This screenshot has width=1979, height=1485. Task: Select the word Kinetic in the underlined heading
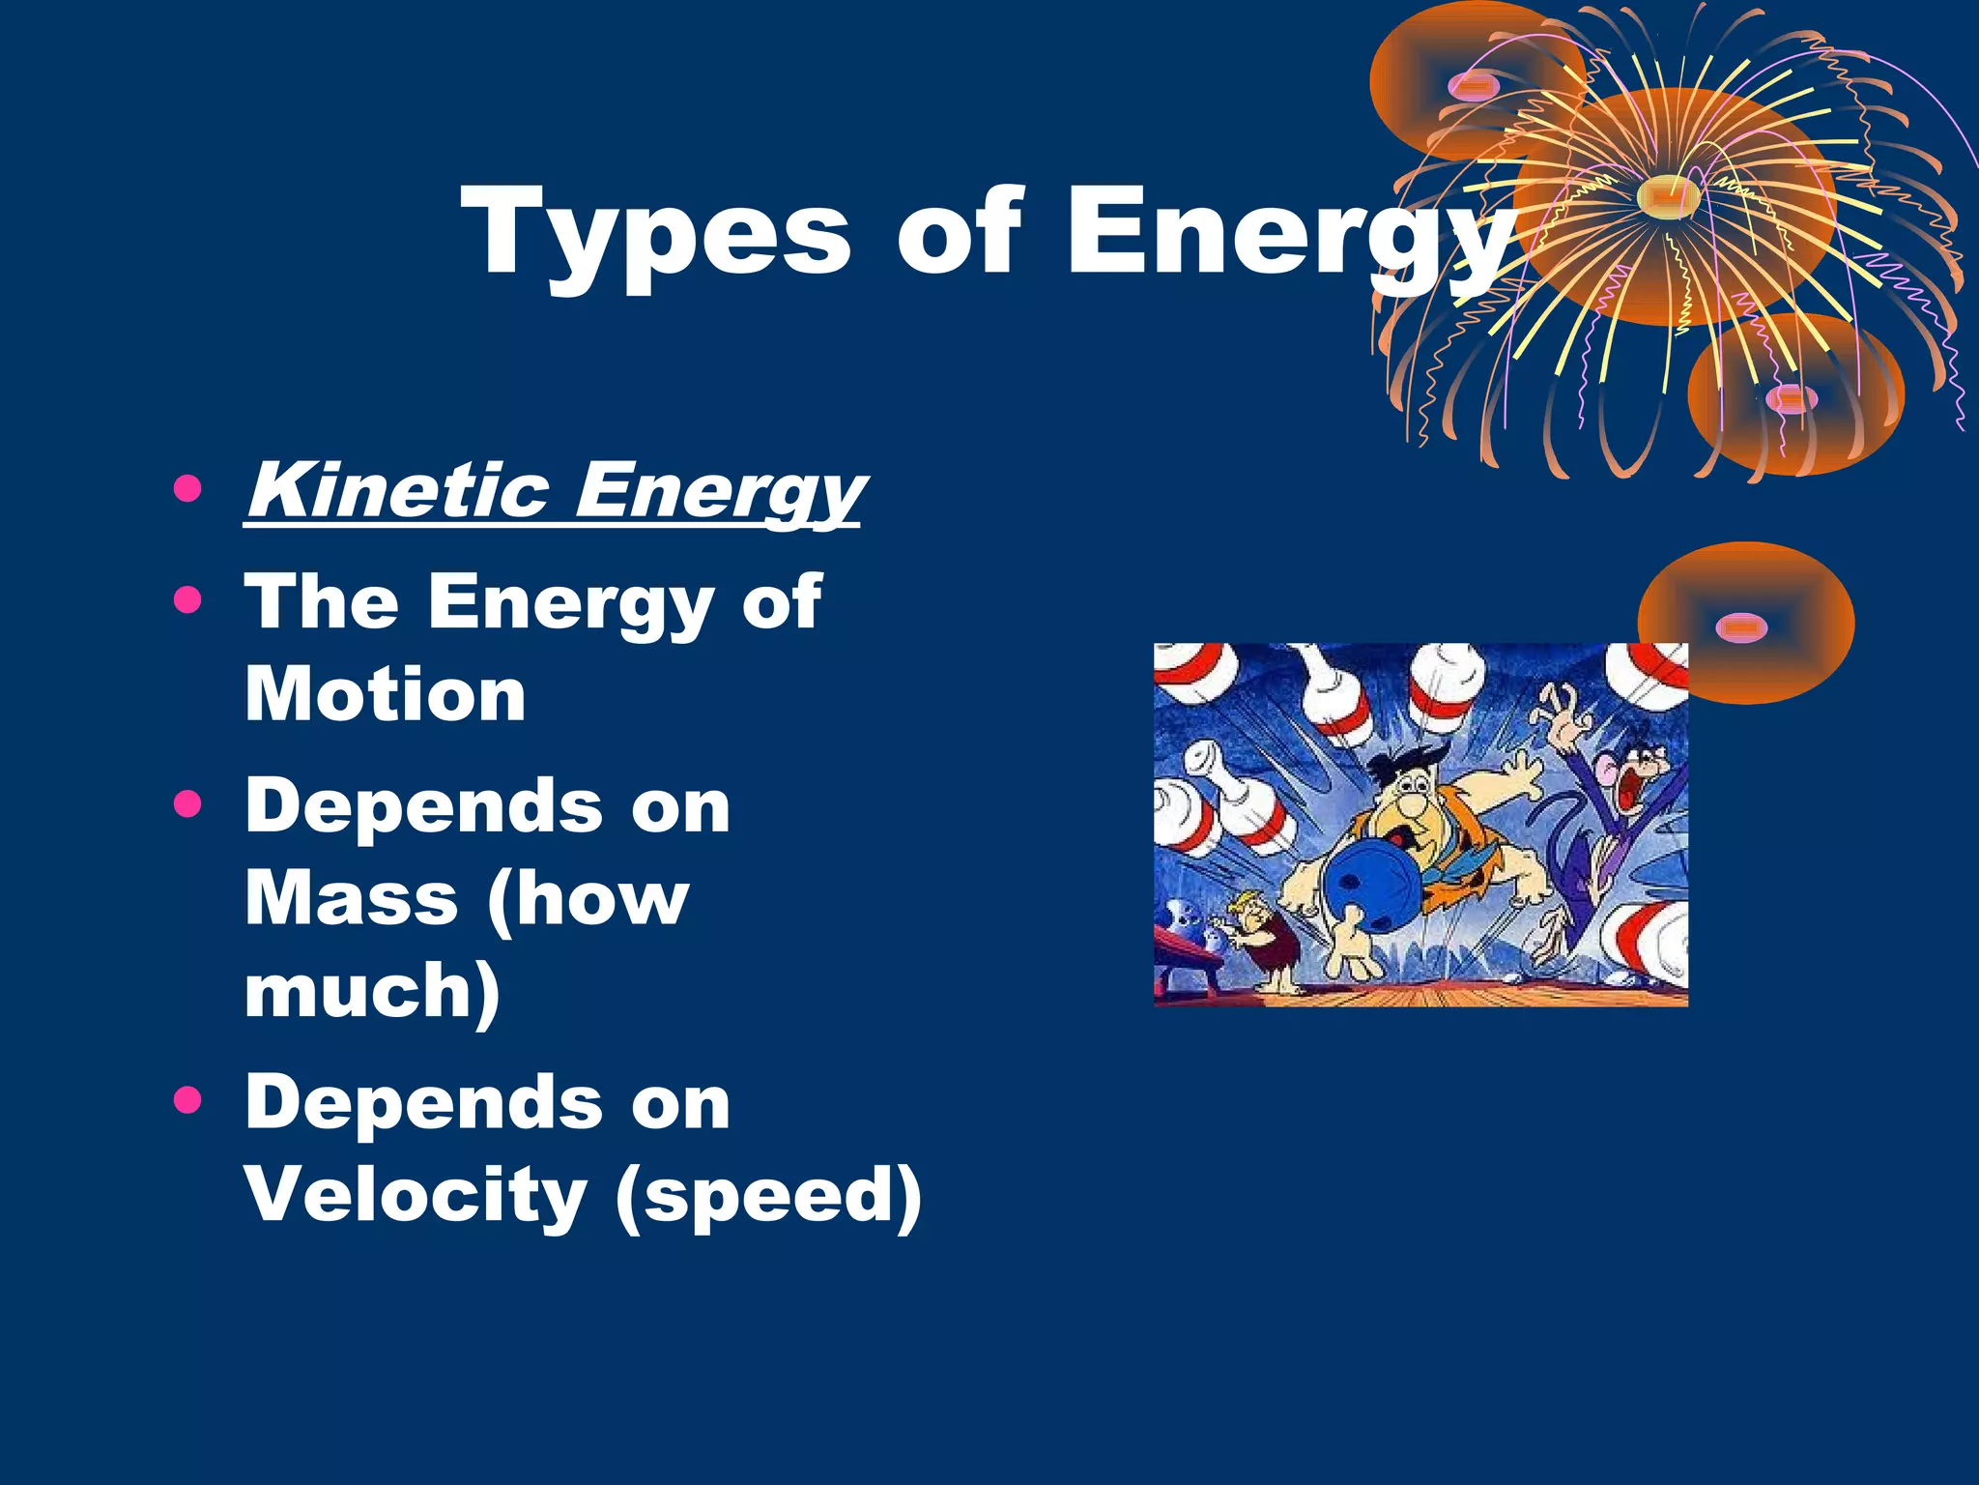(x=397, y=490)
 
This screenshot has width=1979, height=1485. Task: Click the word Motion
(x=386, y=694)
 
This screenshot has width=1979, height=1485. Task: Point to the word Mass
(x=351, y=898)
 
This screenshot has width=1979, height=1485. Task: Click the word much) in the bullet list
(x=372, y=990)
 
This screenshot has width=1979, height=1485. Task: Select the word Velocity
(x=416, y=1193)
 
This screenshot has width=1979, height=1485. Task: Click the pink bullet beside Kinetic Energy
(x=187, y=489)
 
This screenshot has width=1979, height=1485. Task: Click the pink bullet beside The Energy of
(x=187, y=600)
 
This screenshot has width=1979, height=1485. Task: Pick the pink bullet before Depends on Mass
(x=187, y=804)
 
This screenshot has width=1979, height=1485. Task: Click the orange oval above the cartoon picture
(x=1745, y=624)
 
